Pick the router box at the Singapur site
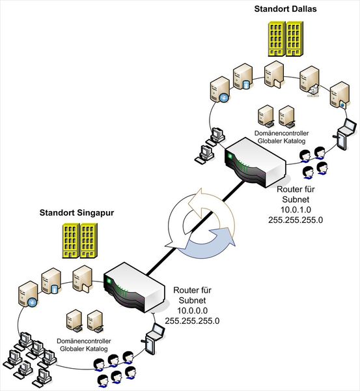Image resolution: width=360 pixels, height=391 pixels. (134, 286)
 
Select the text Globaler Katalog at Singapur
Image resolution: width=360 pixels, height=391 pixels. (85, 349)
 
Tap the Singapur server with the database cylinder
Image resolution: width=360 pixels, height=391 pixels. (52, 280)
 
